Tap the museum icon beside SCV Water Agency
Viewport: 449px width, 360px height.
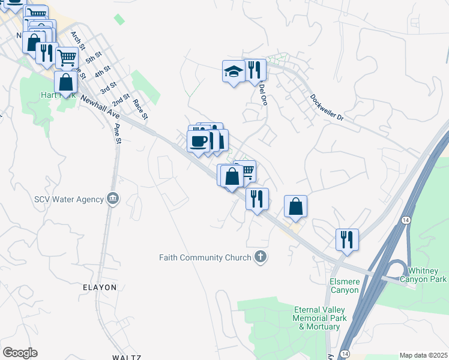point(112,199)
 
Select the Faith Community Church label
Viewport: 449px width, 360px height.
point(205,258)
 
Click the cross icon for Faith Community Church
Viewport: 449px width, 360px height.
point(260,257)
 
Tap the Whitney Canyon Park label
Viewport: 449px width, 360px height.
point(427,275)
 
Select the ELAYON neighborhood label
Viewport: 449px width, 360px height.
point(100,287)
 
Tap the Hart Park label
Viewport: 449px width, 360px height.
point(56,95)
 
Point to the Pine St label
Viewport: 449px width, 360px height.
point(118,134)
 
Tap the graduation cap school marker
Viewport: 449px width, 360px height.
point(234,71)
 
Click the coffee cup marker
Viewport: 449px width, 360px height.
point(198,142)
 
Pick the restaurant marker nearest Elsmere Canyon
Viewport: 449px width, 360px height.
point(347,239)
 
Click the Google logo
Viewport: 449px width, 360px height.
point(20,353)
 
